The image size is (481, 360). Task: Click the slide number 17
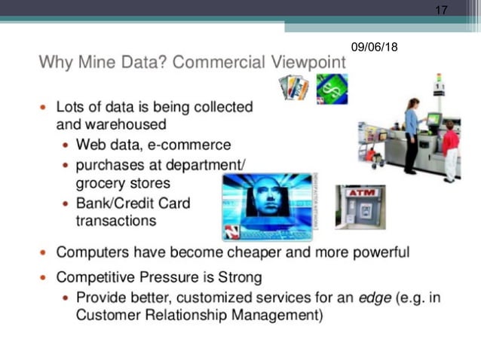coord(442,10)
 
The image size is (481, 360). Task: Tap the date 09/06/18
coord(374,47)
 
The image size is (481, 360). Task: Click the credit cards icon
coord(293,87)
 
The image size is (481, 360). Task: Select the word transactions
coord(115,221)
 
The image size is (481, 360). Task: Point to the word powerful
coord(375,252)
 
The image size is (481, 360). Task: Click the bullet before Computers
coord(43,252)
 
